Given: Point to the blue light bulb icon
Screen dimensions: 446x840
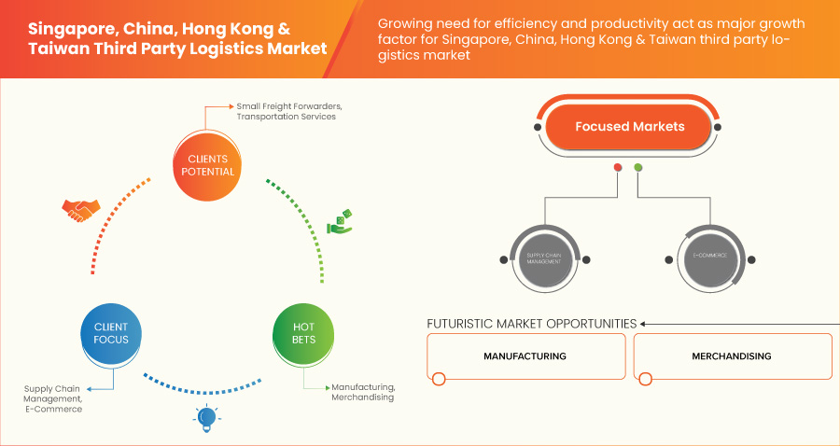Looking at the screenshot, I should pyautogui.click(x=206, y=418).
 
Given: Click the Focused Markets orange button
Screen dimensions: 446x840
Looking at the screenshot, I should pyautogui.click(x=629, y=127).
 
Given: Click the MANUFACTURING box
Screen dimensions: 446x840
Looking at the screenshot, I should pyautogui.click(x=525, y=356).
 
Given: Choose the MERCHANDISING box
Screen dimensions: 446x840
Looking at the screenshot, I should pyautogui.click(x=732, y=356).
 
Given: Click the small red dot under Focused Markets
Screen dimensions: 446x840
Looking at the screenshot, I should pyautogui.click(x=617, y=168).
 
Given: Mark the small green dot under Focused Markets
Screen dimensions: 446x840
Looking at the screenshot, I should pyautogui.click(x=638, y=168).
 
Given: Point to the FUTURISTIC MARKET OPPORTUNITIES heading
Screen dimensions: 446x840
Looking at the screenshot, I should pyautogui.click(x=531, y=324).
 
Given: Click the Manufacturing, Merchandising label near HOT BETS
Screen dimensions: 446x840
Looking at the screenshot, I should pyautogui.click(x=363, y=392).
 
